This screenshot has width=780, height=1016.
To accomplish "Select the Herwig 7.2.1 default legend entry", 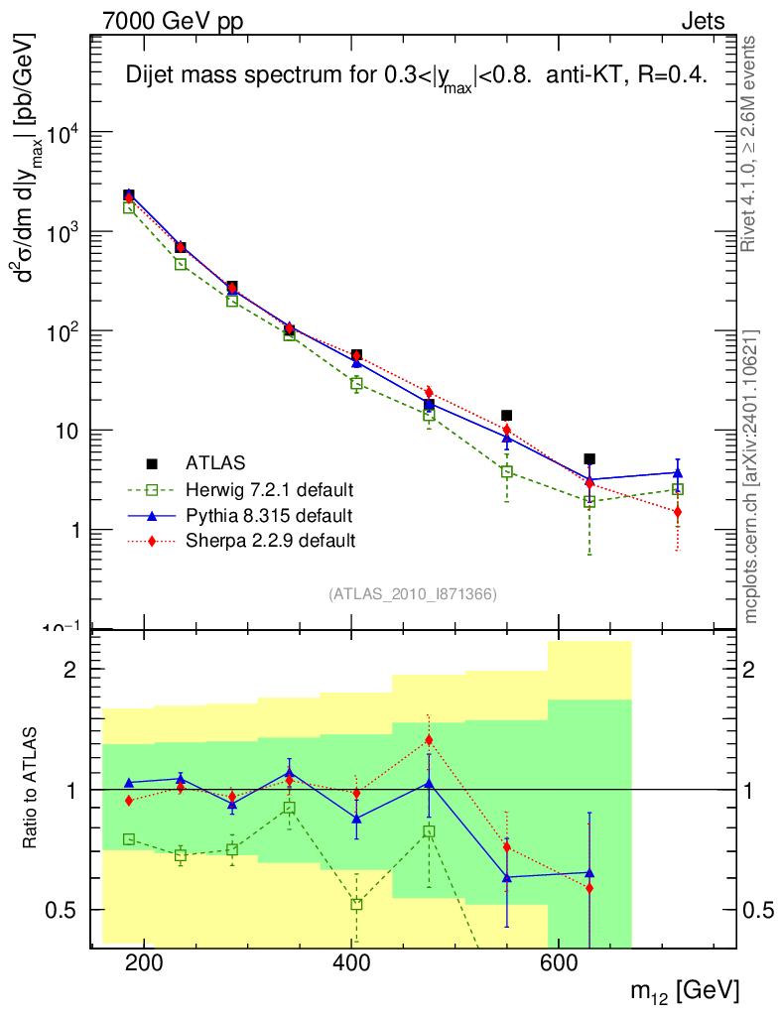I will tap(269, 489).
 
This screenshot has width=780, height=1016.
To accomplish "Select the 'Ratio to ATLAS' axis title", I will tap(32, 789).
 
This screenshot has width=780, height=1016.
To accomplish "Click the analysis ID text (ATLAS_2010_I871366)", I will tap(412, 594).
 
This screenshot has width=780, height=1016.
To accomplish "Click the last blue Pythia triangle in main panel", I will tap(677, 472).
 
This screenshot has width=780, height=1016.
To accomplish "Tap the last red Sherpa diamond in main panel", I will tap(677, 512).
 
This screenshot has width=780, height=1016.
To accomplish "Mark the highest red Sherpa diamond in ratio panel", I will tap(429, 740).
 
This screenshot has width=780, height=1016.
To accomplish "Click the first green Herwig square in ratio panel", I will tap(129, 839).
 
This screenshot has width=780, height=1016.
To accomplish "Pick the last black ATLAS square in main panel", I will tap(589, 459).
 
